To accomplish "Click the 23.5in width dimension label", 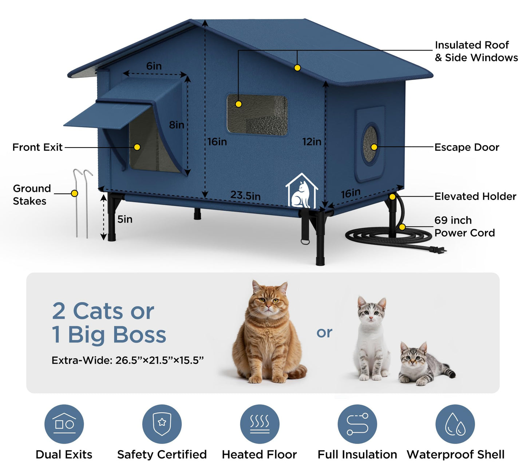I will tap(245, 196).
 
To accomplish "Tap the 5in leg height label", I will tap(124, 219).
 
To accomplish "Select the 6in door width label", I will tap(154, 66).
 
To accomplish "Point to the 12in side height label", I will tap(312, 142).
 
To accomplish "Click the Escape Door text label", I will tap(467, 147).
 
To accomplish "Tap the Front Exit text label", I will tap(37, 147).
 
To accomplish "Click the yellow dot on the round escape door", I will tap(374, 147).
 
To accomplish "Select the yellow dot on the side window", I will tap(238, 104).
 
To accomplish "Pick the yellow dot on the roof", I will tap(297, 68).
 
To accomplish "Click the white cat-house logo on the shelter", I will tap(301, 191).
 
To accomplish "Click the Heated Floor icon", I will tap(260, 424).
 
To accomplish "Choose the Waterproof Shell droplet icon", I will tap(455, 424).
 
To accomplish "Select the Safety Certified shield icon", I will tap(162, 424).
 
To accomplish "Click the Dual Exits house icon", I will tap(64, 424).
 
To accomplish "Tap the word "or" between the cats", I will tap(324, 332).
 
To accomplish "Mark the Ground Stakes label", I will tap(31, 195).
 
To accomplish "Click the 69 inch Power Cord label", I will tap(464, 227).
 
